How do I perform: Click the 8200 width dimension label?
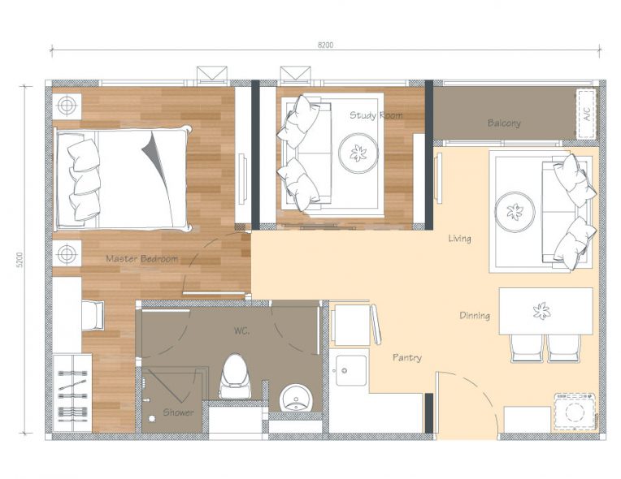point(325,45)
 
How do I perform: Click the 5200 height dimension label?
point(20,260)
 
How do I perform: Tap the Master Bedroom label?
point(141,259)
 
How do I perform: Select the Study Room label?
point(376,115)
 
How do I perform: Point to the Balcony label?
point(504,123)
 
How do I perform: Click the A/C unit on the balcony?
point(587,114)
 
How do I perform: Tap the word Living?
point(459,238)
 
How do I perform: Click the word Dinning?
point(475,315)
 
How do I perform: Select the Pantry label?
point(407,357)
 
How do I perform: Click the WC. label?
point(241,330)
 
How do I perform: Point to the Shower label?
point(178,412)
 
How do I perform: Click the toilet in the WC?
point(235,376)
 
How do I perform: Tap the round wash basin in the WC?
point(296,398)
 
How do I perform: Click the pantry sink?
point(351,370)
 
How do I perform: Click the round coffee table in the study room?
point(358,153)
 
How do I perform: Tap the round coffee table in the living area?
point(515,212)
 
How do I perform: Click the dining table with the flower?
point(545,311)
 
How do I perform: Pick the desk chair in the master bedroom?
point(93,315)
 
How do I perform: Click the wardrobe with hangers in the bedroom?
point(72,393)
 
